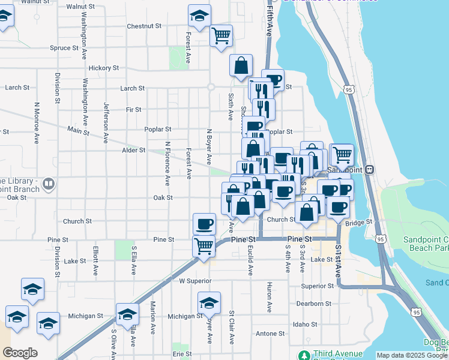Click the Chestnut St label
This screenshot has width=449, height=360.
(145, 26)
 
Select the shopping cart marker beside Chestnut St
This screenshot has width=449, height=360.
(221, 35)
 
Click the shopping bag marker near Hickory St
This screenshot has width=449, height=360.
(241, 66)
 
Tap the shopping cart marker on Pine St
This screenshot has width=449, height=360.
(203, 245)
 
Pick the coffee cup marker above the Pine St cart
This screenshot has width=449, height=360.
(204, 224)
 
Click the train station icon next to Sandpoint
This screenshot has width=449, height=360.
(370, 170)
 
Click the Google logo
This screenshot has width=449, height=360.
(20, 353)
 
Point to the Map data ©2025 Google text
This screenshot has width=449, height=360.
(412, 355)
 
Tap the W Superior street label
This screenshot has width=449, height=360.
(195, 281)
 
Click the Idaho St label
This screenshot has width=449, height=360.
(304, 325)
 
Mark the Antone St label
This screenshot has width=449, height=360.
(270, 334)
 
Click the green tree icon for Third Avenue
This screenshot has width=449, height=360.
(305, 356)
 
